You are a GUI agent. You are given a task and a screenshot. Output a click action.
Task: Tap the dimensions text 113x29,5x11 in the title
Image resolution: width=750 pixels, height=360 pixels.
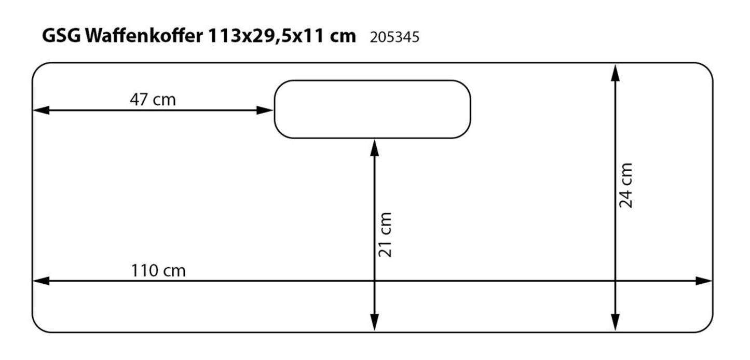pos(266,36)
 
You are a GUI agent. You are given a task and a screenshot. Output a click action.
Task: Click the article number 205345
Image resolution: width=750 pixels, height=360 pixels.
pos(394,37)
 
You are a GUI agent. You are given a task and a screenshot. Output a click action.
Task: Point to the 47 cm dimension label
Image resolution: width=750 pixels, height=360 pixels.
pos(153,100)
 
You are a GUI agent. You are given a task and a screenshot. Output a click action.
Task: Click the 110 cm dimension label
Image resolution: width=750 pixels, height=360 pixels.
pos(158,271)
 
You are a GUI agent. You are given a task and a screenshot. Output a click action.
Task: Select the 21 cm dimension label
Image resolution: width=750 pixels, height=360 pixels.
pos(385,234)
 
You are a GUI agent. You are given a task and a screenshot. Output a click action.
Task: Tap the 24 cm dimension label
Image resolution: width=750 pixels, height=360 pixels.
pos(626,185)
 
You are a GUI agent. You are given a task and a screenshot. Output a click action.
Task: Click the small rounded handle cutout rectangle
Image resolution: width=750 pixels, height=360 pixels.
pos(372,109)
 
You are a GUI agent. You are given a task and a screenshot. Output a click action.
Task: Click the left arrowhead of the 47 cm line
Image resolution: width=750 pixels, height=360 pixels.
pos(40,110)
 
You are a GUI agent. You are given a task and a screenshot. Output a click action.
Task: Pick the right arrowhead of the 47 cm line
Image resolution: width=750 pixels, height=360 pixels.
pos(265,110)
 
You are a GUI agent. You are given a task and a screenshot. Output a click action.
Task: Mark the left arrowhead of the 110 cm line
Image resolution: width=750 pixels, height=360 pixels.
pos(40,281)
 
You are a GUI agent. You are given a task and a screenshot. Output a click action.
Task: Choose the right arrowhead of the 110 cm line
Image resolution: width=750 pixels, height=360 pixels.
pos(704,281)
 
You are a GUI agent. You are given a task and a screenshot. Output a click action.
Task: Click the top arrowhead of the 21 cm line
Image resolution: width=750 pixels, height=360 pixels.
pos(374,147)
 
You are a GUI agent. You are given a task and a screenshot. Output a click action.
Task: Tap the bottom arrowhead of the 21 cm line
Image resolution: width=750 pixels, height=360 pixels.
pos(374,323)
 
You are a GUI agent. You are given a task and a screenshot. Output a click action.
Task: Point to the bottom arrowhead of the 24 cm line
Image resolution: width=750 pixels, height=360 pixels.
pos(615,323)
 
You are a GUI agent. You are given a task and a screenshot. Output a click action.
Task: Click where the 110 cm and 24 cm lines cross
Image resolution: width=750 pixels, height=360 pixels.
pos(615,281)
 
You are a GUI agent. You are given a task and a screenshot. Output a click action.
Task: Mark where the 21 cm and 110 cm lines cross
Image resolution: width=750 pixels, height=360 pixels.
pos(374,281)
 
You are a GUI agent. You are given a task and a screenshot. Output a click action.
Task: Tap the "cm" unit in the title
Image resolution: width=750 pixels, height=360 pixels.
pos(343,36)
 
